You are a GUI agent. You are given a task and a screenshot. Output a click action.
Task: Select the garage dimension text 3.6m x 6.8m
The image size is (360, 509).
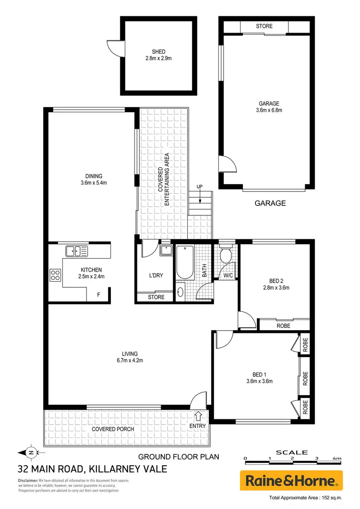[x=268, y=110]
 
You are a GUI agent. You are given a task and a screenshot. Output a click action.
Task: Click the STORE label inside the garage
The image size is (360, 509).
[x=264, y=26]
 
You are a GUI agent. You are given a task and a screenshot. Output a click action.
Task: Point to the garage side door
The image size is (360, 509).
[x=228, y=165]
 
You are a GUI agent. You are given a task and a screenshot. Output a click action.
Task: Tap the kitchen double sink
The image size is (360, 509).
[x=76, y=250]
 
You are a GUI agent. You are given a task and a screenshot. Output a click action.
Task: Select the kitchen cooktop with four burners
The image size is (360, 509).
[x=56, y=275]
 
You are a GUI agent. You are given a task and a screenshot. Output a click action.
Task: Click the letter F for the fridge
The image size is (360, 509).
[x=98, y=295]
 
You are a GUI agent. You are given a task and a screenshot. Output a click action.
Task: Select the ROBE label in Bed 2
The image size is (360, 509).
[x=283, y=325]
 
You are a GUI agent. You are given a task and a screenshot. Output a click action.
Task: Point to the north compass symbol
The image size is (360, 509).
[x=30, y=451]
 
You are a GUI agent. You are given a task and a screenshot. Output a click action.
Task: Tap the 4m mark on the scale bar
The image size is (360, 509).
[x=339, y=459]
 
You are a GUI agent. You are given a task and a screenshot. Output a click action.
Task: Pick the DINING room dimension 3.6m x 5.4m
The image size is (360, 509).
[x=94, y=182]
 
